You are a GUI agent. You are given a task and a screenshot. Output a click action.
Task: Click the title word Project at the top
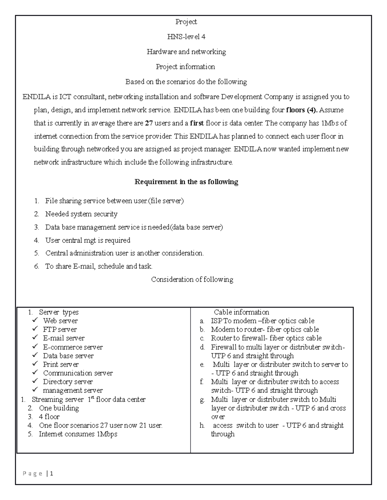tap(186, 22)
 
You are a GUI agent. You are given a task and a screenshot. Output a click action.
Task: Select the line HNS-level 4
tap(186, 37)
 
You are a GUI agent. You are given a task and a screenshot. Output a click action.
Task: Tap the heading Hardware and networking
tap(186, 52)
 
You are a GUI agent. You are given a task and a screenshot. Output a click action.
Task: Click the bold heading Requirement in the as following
tap(186, 182)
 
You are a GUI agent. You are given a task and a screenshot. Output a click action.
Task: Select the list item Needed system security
tap(81, 214)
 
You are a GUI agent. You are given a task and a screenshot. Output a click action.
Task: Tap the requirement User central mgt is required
tap(88, 240)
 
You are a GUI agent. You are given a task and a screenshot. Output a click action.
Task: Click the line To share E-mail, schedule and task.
tap(99, 266)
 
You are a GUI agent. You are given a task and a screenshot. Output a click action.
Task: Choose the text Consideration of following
tap(192, 279)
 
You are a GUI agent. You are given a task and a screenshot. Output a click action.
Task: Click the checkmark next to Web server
tap(35, 320)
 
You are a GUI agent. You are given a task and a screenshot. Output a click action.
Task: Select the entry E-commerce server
tap(73, 347)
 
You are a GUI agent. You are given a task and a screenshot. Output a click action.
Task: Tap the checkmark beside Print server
tap(35, 364)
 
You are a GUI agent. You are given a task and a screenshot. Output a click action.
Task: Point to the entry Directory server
tap(68, 382)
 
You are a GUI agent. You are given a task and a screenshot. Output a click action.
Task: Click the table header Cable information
tap(241, 312)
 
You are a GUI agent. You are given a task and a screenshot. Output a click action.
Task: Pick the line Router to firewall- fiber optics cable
tap(266, 338)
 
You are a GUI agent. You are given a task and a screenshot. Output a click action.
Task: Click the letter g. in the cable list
tap(202, 400)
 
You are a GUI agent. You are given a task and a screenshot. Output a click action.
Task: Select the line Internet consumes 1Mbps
tap(78, 434)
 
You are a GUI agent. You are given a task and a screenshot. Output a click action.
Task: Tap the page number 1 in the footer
tap(52, 474)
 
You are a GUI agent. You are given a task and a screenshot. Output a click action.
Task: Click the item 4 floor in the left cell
tap(49, 417)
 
